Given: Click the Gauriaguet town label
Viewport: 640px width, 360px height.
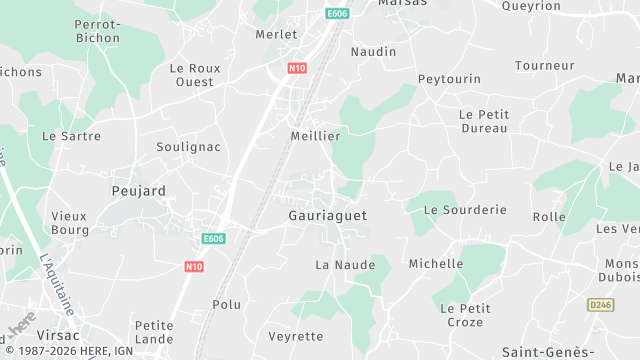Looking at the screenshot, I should [x=327, y=215].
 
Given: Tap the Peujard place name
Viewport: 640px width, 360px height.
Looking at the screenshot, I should [x=138, y=189].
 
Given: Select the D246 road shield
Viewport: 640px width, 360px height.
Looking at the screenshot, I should [x=600, y=304].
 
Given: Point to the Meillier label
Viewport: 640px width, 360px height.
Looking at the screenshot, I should [x=315, y=135].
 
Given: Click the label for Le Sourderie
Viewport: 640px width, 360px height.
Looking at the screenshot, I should [x=465, y=210].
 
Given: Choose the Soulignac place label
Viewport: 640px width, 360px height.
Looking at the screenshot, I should [x=188, y=146].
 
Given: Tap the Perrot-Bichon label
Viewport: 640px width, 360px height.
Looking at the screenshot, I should [x=98, y=30].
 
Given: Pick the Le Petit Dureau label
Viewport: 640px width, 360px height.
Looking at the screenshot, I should [x=484, y=121].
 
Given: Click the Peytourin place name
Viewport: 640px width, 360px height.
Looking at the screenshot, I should [x=449, y=79].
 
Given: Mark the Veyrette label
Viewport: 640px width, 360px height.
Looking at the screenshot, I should [x=296, y=336].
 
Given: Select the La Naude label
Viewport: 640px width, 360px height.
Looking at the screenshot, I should [x=345, y=265].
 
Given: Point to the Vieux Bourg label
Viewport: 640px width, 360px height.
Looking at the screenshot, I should [x=70, y=222].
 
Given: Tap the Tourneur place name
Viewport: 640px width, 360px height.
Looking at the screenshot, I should [x=544, y=65].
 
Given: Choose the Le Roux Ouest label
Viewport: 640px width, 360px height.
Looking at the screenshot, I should [x=194, y=75].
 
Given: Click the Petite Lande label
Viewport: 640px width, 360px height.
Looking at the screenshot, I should [x=154, y=332].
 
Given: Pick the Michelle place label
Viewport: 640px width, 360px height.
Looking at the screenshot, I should [x=436, y=263].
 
